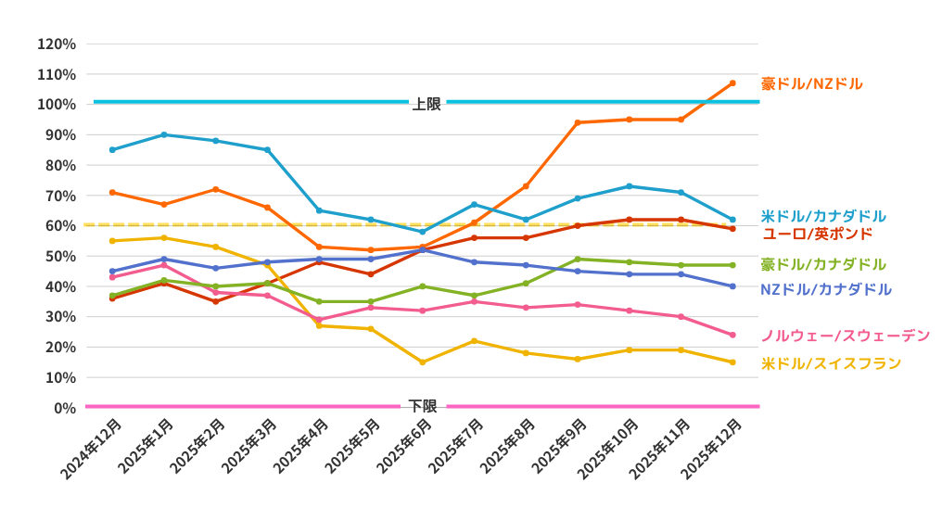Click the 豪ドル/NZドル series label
(811, 83)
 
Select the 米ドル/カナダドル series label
(822, 216)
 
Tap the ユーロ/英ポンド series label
(816, 233)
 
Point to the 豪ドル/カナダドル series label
(822, 264)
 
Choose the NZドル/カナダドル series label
(825, 289)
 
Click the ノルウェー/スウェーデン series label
(845, 336)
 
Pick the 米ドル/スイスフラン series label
(831, 363)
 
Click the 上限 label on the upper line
(426, 104)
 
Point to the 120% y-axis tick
(57, 44)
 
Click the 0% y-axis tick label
(64, 408)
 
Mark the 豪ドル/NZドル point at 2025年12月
(732, 83)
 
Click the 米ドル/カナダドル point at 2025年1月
(164, 134)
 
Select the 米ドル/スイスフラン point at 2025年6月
(422, 362)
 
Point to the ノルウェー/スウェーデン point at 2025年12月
(732, 335)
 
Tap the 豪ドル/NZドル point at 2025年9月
(577, 122)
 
